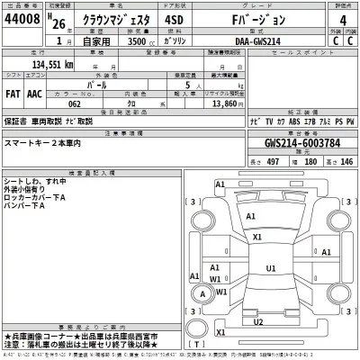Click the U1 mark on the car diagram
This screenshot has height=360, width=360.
tap(270, 268)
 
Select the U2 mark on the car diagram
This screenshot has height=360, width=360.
tap(258, 321)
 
